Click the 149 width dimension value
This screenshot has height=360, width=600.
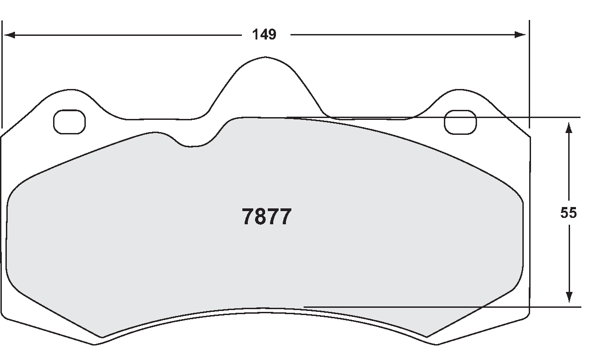coord(265,35)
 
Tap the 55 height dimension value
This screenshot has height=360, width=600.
coord(568,212)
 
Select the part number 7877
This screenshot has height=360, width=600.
coord(266,217)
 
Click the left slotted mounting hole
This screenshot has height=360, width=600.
coord(69,122)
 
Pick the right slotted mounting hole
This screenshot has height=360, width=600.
coord(460,122)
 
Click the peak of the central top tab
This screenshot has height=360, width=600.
coord(266,58)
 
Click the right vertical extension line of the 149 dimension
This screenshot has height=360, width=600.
coord(529,73)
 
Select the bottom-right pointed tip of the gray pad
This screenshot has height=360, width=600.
coord(426,336)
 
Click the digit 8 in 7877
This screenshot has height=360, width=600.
coord(260,217)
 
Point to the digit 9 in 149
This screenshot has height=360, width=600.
coord(271,35)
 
